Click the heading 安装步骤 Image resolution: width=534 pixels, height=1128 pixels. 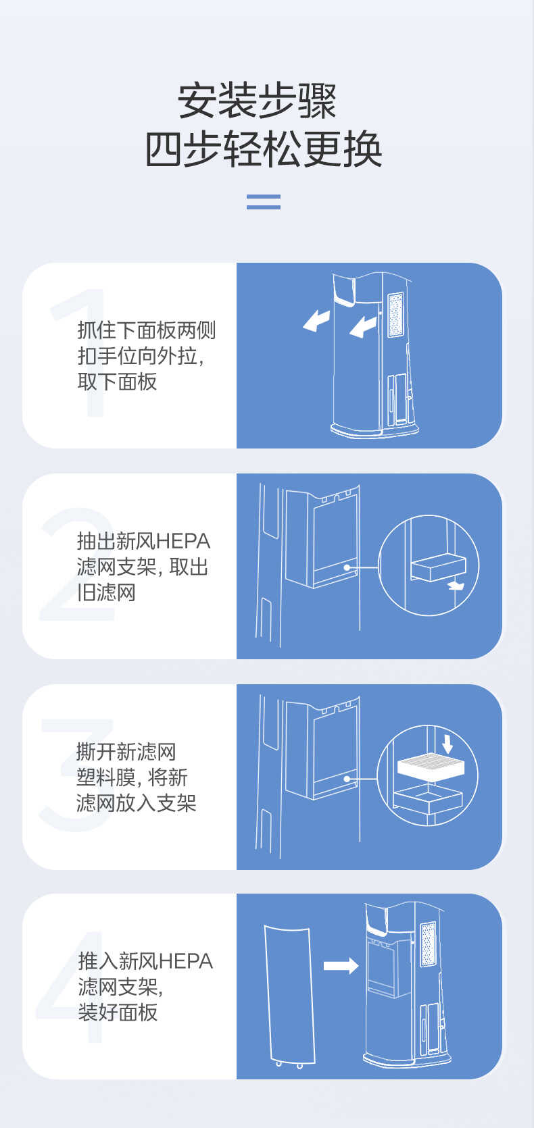click(x=257, y=101)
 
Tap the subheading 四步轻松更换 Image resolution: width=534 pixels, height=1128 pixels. click(x=264, y=149)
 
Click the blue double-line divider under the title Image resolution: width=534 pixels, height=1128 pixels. click(x=264, y=201)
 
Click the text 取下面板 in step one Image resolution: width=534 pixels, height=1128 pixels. click(x=117, y=382)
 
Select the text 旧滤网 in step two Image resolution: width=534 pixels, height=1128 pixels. click(x=106, y=592)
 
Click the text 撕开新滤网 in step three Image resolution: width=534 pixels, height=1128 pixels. click(x=126, y=751)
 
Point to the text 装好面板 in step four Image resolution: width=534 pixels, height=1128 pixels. click(x=118, y=1012)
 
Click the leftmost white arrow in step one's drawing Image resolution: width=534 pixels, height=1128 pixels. click(x=316, y=320)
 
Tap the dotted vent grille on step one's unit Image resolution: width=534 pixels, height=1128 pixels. click(x=395, y=314)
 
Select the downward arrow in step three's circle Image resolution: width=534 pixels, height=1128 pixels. click(x=447, y=743)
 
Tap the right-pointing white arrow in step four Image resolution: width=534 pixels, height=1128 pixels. click(x=341, y=965)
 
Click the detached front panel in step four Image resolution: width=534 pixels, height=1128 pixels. click(x=289, y=993)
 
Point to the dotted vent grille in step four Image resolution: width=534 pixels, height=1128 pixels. click(x=428, y=944)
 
